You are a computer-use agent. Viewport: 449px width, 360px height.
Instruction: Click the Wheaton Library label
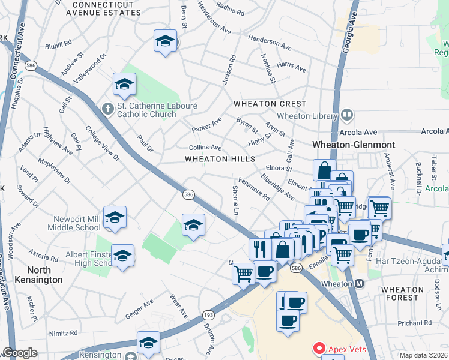coord(306,116)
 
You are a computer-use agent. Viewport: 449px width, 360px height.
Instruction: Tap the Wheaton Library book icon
coord(346,114)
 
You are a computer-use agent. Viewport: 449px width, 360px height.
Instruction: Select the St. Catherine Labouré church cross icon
coord(107,109)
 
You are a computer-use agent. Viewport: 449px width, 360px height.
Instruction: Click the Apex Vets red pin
coord(319,349)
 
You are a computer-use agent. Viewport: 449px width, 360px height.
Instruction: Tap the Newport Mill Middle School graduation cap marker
coord(115,217)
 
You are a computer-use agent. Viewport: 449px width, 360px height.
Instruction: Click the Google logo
coord(20,353)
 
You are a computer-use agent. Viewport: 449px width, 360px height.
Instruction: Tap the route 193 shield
coord(208,314)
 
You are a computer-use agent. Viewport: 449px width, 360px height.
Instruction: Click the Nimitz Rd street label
coord(65,332)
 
